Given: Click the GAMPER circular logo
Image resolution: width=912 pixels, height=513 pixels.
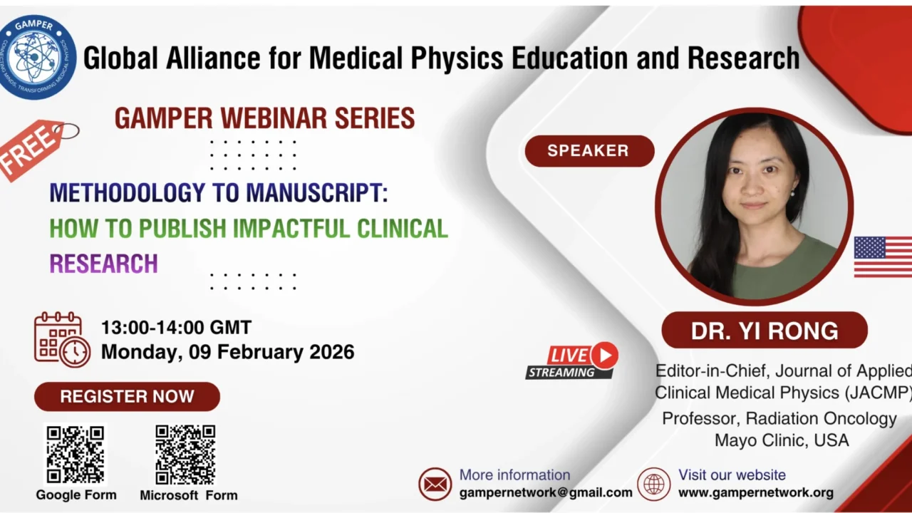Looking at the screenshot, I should [38, 57].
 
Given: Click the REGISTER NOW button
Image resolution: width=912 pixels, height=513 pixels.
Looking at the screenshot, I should [127, 397].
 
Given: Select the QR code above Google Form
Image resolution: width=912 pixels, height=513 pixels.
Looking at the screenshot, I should [76, 455].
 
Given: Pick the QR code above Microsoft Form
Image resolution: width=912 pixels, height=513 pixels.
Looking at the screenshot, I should [185, 455].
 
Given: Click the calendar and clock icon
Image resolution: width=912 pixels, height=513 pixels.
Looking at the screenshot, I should [62, 339].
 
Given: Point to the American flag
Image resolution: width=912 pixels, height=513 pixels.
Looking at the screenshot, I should [883, 256].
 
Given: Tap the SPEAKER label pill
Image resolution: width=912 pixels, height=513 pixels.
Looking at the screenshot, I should [589, 151].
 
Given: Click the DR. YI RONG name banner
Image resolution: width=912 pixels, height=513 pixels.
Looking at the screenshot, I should [765, 331].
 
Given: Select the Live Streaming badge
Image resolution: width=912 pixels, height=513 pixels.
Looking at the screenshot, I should [572, 361].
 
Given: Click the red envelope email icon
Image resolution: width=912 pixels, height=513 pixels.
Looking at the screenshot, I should [435, 484].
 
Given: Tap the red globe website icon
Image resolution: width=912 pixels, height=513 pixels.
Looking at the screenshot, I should [653, 484].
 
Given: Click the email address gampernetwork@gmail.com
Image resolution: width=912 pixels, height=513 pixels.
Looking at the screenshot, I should [546, 492].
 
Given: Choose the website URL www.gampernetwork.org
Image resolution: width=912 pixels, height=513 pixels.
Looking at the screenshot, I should [755, 492].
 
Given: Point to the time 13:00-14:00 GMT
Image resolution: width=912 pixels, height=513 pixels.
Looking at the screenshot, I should [176, 328].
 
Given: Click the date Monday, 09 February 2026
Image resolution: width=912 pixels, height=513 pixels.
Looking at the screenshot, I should [227, 352].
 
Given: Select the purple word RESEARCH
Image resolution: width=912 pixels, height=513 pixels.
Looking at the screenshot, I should [103, 264].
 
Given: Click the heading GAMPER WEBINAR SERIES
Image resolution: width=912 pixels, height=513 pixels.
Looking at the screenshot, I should [264, 118].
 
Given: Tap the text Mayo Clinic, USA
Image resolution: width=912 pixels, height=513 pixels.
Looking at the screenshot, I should [782, 440].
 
